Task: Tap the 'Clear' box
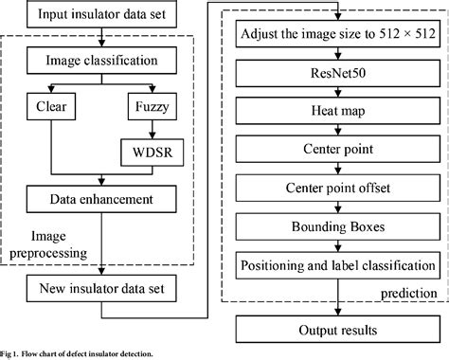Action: (x=48, y=107)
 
